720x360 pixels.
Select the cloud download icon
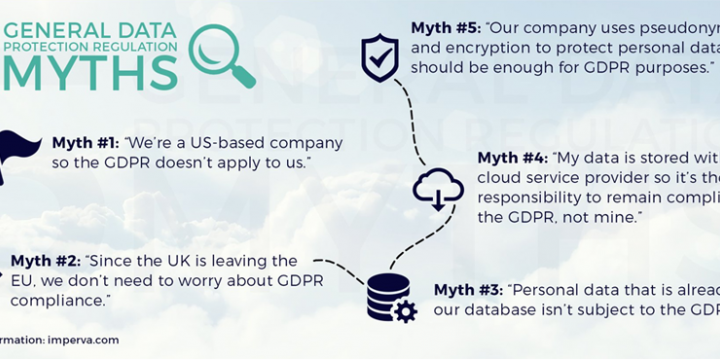[437, 186]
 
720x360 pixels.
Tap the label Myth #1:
[85, 143]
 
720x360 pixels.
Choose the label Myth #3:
[467, 290]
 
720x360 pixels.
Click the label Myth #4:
[511, 158]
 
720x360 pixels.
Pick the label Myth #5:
[444, 28]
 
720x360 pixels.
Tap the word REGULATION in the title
[134, 46]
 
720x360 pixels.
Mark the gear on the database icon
[404, 311]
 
